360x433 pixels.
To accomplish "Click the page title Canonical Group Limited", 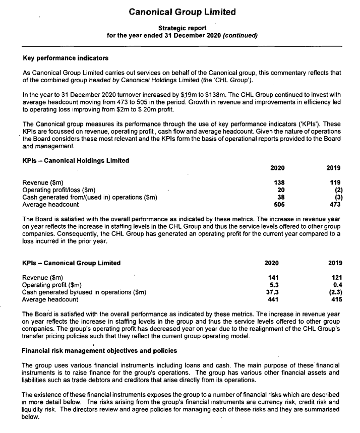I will point(182,12).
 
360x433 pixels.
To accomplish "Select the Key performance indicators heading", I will point(66,58).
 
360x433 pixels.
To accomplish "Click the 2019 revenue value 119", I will point(334,182).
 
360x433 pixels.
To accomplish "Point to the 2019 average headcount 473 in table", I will point(334,205).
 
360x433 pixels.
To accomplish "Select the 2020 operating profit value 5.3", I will point(274,285).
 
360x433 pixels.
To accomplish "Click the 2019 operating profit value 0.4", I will point(337,285).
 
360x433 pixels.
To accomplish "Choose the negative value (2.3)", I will point(335,292).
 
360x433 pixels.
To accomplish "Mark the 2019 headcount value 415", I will point(336,299).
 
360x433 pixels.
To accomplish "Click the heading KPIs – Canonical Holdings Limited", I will point(76,161).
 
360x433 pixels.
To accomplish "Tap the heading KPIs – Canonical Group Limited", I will point(72,263).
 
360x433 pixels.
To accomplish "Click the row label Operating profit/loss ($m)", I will point(59,190).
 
